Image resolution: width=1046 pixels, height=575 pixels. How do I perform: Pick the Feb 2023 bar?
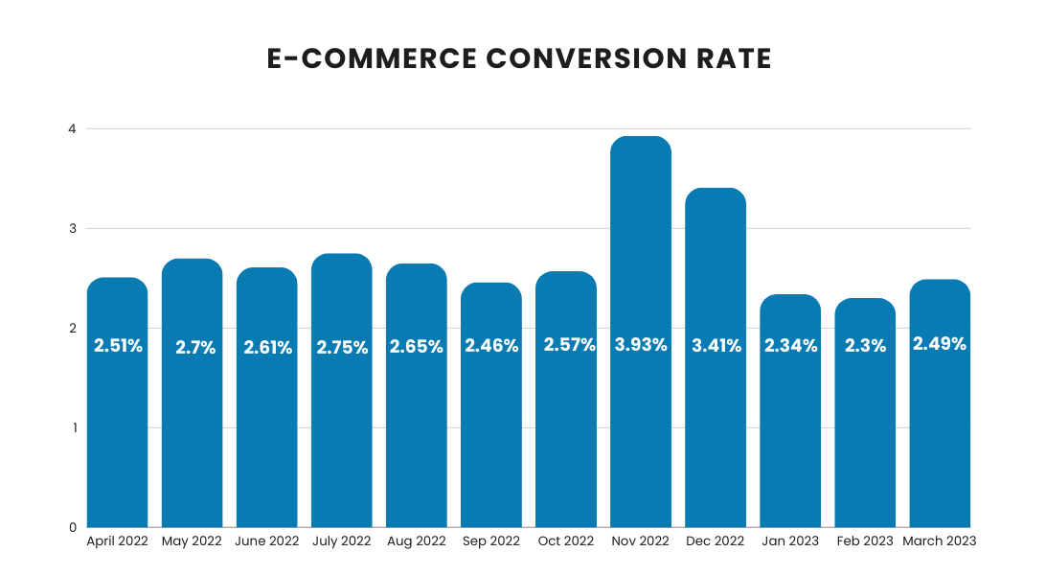(x=865, y=431)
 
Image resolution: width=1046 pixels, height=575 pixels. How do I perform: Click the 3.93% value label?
(x=641, y=345)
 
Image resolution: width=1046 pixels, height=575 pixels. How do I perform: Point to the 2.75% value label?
(x=341, y=348)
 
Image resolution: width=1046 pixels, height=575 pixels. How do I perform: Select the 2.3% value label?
(x=865, y=347)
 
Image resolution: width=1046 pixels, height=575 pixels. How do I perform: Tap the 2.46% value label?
(x=491, y=346)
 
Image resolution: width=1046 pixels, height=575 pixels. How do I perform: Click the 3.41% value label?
(x=716, y=346)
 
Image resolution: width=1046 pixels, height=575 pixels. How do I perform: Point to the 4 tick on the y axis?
(x=72, y=128)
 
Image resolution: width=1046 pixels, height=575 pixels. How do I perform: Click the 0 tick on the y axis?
(x=72, y=527)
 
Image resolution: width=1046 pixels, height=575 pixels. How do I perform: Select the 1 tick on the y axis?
(x=72, y=427)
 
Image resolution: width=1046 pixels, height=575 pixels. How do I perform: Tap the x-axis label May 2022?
(x=192, y=541)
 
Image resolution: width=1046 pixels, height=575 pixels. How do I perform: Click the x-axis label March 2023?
(x=940, y=541)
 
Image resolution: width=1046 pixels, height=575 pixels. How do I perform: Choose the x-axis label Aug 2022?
(x=416, y=541)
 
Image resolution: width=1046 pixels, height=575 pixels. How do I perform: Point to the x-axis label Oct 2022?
(x=565, y=541)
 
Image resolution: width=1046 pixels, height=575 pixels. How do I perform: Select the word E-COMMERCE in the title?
(x=371, y=59)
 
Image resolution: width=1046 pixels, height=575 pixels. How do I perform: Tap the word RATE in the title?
(x=735, y=59)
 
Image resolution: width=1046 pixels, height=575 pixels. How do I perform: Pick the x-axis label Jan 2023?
(x=790, y=541)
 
